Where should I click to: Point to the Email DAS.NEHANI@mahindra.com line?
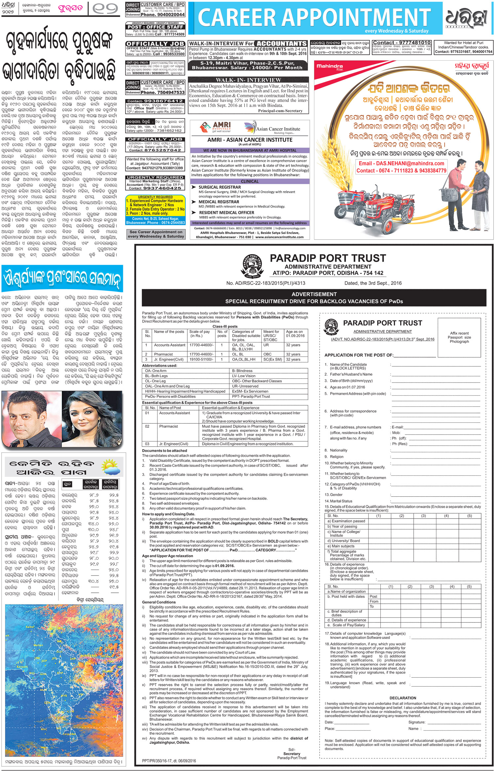tap(401, 163)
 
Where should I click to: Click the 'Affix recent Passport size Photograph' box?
tap(459, 337)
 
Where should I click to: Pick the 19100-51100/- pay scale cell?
tap(201, 359)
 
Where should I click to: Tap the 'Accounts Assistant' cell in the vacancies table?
tap(170, 345)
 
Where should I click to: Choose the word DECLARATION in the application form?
tap(402, 698)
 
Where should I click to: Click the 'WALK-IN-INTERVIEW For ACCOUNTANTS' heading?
tap(248, 44)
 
